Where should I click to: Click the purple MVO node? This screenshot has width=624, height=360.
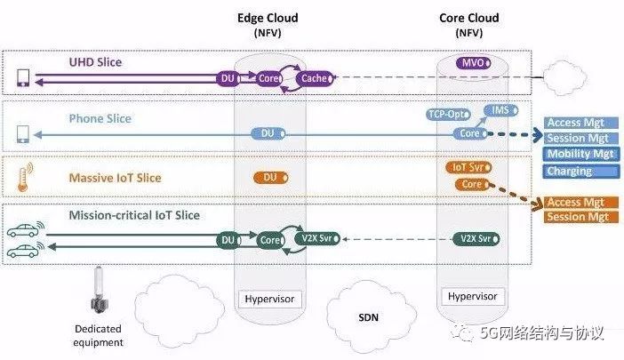click(470, 63)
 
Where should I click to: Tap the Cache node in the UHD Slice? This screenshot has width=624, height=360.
click(314, 78)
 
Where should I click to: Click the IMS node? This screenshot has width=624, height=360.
click(500, 109)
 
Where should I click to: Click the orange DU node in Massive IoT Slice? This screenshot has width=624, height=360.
click(268, 178)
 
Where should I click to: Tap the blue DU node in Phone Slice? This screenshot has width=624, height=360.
click(268, 133)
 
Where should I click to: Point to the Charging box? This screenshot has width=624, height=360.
click(570, 171)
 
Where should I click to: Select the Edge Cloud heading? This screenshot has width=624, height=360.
click(268, 18)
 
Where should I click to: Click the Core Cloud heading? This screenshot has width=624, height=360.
click(468, 18)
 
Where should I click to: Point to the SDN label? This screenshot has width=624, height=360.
click(367, 317)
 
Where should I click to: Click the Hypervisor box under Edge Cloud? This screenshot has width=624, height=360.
click(268, 298)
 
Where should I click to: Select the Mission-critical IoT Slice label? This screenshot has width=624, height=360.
click(134, 214)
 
